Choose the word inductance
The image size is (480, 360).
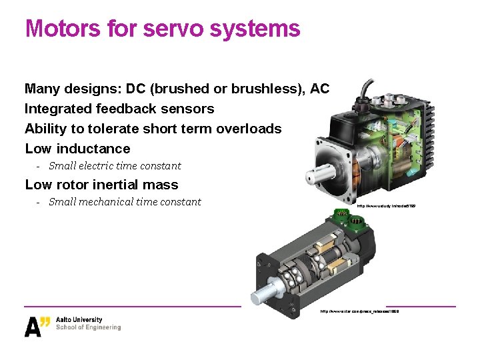[93, 149]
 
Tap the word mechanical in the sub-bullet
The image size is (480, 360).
[104, 202]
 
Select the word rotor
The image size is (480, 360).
[73, 185]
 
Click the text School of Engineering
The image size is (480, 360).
[89, 327]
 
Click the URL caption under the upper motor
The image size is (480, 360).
[386, 207]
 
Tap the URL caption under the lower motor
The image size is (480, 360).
[359, 311]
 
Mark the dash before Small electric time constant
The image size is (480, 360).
[39, 166]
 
